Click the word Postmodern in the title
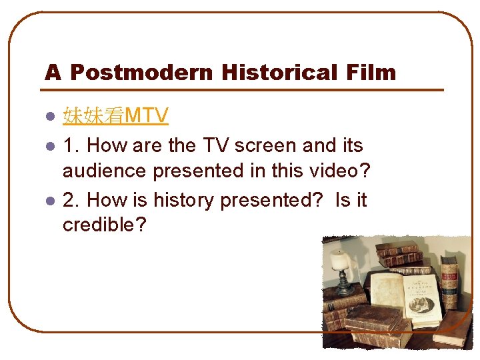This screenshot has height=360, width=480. [141, 72]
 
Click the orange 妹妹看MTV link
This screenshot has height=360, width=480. [115, 117]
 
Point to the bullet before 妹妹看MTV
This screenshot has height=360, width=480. [49, 117]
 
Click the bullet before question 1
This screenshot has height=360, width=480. [49, 145]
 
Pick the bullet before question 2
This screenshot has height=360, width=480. [49, 201]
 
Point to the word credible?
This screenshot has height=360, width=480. [104, 225]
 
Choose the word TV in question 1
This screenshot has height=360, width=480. [199, 145]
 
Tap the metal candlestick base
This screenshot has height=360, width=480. [345, 289]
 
